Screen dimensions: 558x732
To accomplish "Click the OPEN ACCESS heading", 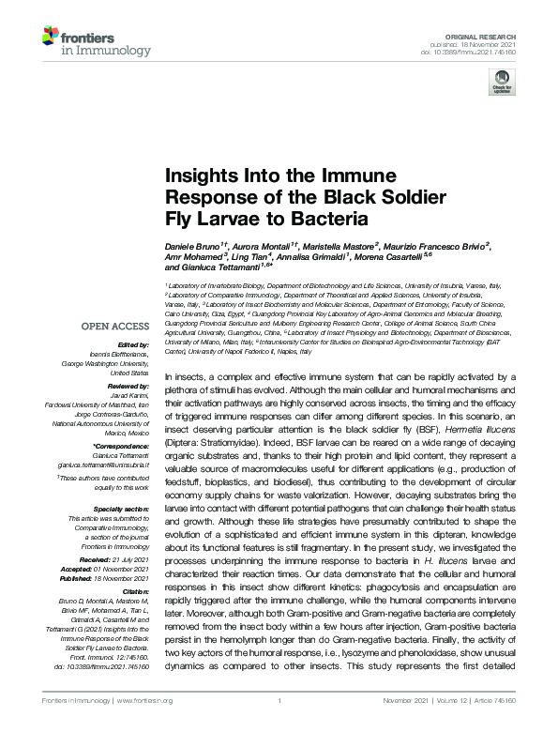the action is tap(114, 327).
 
